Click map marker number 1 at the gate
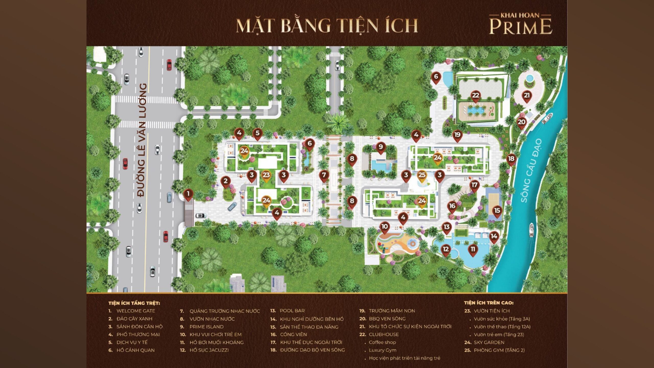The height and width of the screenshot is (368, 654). (188, 194)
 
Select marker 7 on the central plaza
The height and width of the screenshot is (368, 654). (324, 175)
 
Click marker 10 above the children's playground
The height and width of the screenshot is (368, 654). (384, 227)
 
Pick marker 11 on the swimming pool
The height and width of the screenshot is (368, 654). (473, 249)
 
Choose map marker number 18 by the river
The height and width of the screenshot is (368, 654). (511, 159)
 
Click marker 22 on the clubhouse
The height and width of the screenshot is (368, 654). (475, 96)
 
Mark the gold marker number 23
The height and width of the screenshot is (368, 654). (266, 175)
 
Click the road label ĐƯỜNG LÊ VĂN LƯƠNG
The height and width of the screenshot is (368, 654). (142, 140)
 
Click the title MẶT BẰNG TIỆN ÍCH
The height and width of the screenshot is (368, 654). (327, 26)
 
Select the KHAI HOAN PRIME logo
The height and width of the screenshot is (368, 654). (520, 25)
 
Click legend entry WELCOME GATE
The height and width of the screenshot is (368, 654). (136, 311)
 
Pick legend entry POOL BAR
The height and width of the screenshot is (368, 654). (292, 311)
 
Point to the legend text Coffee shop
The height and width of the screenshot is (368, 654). (382, 342)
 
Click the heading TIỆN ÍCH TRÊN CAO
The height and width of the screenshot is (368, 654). (488, 303)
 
